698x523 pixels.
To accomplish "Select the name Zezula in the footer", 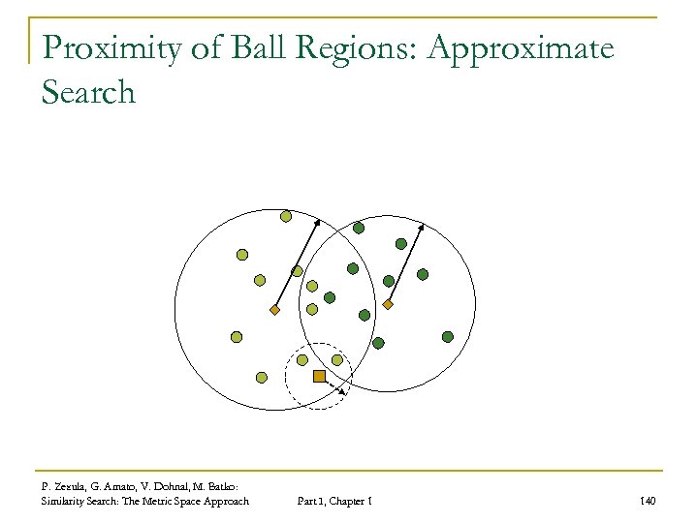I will click(x=73, y=485).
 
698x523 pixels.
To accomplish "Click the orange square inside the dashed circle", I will click(x=319, y=375).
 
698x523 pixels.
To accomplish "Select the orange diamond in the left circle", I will click(x=274, y=310).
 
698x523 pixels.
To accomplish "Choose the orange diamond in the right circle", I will click(x=387, y=305).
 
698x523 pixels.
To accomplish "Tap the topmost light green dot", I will click(x=285, y=216).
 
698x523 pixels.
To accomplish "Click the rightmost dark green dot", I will click(x=447, y=336).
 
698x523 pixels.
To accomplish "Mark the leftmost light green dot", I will click(x=236, y=337).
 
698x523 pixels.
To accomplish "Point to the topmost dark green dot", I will click(x=358, y=229).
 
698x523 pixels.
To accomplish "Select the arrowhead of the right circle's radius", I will click(x=421, y=228).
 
